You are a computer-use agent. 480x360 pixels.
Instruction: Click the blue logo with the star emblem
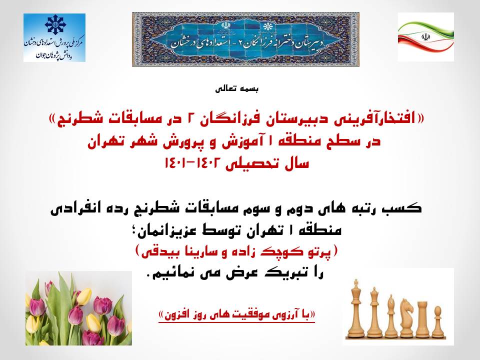point(54,37)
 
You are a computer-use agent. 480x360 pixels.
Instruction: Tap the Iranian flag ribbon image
point(426,37)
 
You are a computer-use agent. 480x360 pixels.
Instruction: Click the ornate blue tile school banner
point(245,39)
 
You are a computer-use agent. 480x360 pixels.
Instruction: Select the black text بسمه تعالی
point(236,89)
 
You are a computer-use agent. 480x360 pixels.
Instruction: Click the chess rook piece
point(423,318)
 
